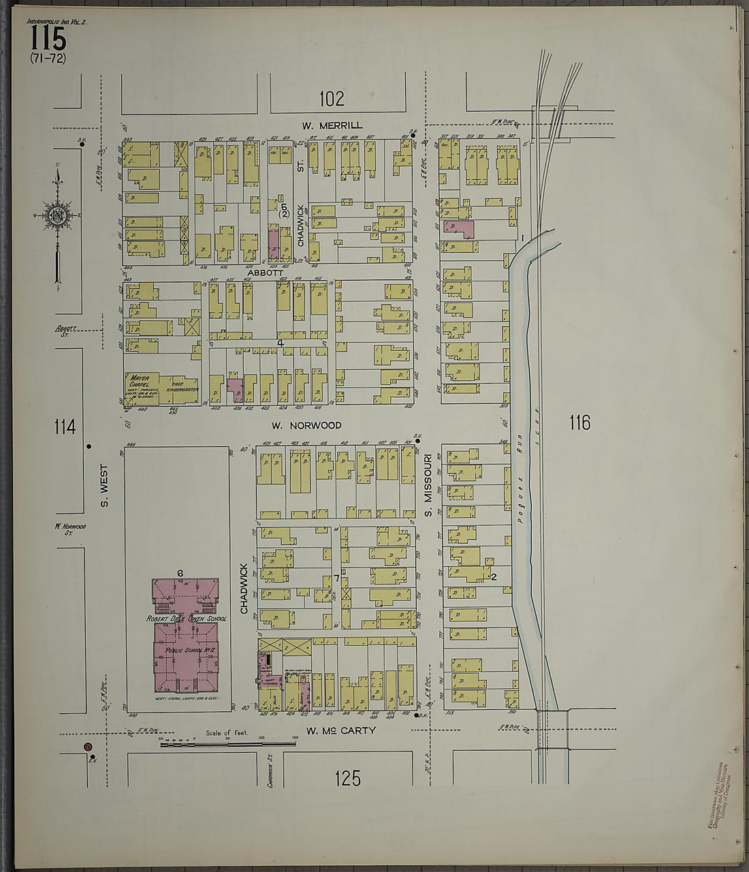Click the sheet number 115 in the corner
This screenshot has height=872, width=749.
click(48, 39)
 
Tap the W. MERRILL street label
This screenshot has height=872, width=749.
click(332, 125)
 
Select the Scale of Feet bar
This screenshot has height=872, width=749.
click(227, 744)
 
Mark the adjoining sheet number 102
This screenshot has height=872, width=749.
click(332, 99)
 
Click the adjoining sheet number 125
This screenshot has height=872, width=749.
click(347, 778)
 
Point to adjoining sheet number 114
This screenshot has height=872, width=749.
click(65, 427)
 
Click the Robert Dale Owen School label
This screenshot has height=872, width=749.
click(186, 619)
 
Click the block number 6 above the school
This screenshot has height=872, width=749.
click(180, 572)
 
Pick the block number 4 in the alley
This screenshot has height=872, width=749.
click(280, 343)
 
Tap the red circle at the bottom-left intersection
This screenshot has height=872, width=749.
click(87, 747)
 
